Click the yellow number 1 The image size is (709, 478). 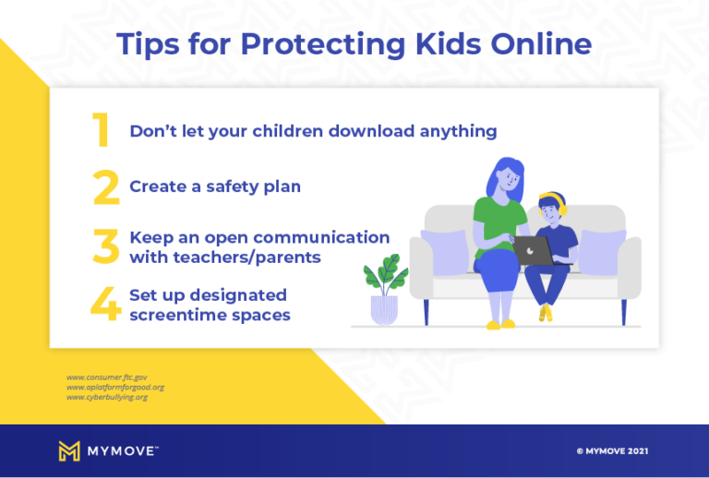pos(102,131)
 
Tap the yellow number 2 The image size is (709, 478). pos(106,186)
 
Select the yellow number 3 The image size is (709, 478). pos(106,246)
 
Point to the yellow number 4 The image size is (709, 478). pos(105,305)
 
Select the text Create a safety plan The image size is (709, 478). pos(215,186)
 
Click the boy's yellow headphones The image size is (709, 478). pos(551,201)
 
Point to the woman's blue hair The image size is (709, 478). pos(503,175)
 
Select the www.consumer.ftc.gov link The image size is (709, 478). pos(107,376)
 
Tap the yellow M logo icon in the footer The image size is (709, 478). pos(69,450)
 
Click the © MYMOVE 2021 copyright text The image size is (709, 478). pos(612,451)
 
